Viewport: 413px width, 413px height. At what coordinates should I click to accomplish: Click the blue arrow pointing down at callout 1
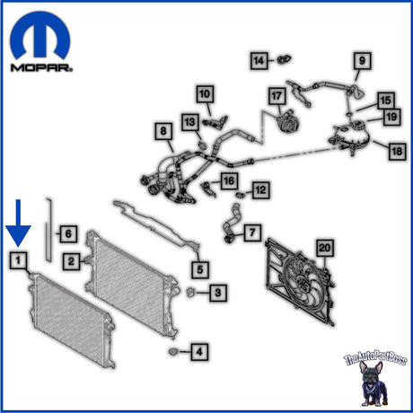click(18, 223)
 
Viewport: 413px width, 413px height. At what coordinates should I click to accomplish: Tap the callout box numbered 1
click(18, 260)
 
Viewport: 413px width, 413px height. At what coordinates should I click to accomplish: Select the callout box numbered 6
click(68, 233)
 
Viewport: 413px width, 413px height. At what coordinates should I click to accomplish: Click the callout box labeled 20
click(325, 248)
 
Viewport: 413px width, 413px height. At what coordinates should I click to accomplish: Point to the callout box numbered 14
click(259, 61)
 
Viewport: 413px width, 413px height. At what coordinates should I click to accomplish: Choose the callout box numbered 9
click(363, 61)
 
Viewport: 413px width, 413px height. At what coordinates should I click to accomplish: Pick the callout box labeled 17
click(277, 96)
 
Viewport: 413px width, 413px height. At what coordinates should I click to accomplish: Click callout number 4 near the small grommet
click(199, 352)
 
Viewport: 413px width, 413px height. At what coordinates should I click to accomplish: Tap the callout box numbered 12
click(261, 190)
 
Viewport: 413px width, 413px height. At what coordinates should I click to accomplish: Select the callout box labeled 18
click(398, 151)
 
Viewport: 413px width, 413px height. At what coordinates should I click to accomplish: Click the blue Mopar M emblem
click(40, 35)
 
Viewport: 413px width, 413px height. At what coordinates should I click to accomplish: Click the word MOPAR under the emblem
click(41, 67)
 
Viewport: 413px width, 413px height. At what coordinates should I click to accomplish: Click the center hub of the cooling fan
click(303, 283)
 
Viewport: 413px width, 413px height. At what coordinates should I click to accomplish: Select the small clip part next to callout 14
click(284, 59)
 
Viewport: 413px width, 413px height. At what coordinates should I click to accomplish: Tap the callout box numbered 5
click(200, 269)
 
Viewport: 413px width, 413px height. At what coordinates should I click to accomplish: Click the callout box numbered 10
click(205, 94)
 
